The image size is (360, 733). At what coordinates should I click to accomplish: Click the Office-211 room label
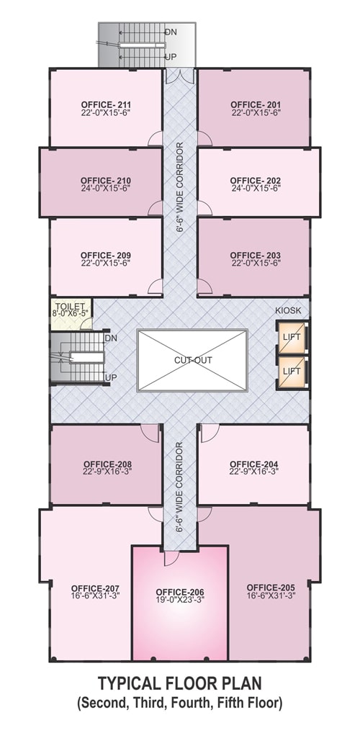[x=106, y=104]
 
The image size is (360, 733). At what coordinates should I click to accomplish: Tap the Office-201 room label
[x=256, y=104]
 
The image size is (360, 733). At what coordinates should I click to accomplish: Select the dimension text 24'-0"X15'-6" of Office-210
[x=105, y=189]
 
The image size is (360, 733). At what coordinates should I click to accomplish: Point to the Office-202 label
[x=256, y=181]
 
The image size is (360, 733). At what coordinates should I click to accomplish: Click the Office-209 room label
[x=105, y=255]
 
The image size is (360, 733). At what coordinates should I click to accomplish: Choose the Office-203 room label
[x=256, y=255]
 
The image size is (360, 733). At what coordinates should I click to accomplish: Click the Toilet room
[x=71, y=314]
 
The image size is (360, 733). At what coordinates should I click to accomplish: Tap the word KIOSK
[x=289, y=310]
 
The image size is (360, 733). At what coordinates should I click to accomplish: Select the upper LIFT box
[x=292, y=337]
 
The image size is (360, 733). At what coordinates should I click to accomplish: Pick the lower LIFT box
[x=292, y=372]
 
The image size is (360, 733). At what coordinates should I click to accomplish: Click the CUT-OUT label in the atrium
[x=193, y=361]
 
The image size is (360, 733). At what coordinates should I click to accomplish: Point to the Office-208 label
[x=107, y=464]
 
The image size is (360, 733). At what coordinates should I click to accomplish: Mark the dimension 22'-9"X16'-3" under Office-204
[x=254, y=472]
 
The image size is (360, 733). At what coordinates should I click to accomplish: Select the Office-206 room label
[x=180, y=592]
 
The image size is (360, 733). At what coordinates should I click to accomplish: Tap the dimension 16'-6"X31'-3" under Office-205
[x=271, y=595]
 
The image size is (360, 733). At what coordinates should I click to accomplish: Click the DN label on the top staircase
[x=171, y=32]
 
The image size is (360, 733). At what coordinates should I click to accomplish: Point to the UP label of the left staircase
[x=111, y=377]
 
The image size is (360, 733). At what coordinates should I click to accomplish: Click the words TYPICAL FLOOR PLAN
[x=179, y=684]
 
